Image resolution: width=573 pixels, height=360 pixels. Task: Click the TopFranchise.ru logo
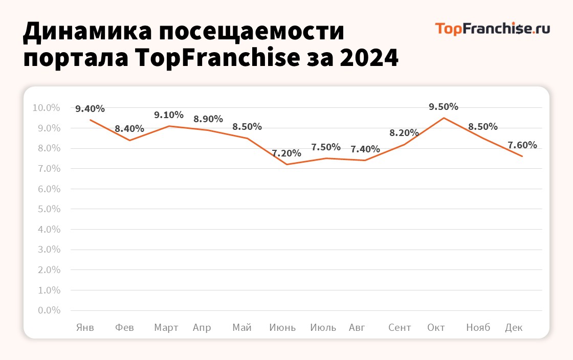point(492,28)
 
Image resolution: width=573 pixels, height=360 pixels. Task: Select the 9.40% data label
point(90,108)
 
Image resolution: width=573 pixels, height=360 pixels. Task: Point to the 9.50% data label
point(444,107)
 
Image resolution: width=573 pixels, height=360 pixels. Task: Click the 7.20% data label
point(286,153)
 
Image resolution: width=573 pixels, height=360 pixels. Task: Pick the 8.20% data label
point(404,133)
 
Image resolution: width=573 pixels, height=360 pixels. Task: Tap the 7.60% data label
point(522,145)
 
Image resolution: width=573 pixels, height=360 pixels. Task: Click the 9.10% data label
point(169,115)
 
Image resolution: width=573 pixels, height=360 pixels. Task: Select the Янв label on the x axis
point(85,328)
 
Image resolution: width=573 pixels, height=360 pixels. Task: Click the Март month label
point(166,328)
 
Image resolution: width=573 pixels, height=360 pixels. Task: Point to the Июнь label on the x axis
point(282,328)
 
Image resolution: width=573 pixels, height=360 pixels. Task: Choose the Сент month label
point(400,328)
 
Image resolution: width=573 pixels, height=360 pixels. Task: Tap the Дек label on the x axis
point(514,328)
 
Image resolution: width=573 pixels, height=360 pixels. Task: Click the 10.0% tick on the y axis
point(46,108)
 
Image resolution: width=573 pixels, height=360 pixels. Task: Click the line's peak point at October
point(444,118)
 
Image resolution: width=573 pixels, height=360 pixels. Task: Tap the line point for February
point(129,140)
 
